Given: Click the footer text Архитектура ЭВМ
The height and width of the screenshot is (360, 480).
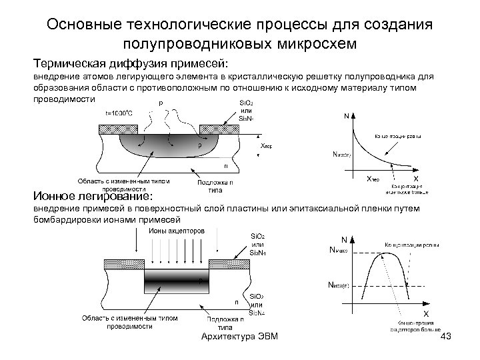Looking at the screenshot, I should (239, 340).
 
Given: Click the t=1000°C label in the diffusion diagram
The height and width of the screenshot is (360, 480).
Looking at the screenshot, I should (119, 113).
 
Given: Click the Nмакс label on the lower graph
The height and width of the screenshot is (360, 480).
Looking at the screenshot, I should (339, 250).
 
